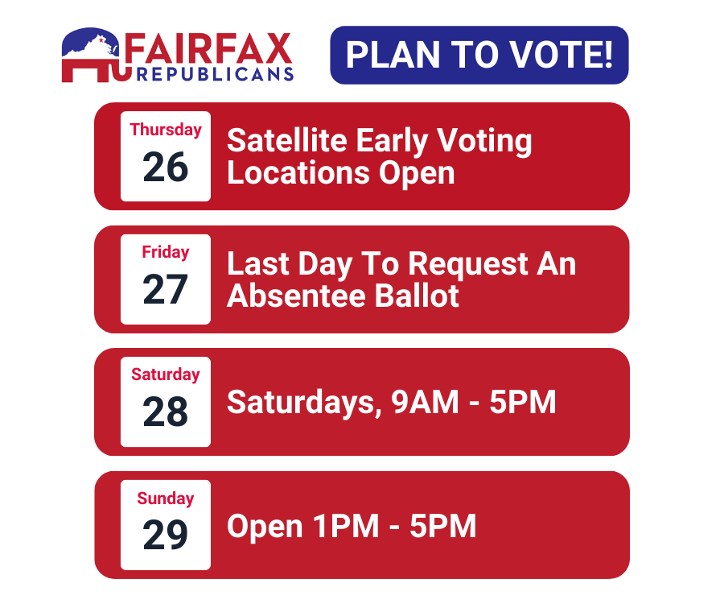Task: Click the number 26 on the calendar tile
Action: (x=166, y=168)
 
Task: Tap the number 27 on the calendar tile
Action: (x=166, y=290)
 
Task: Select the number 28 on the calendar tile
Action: (x=166, y=413)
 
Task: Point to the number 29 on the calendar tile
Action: (x=166, y=536)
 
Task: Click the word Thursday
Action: (x=166, y=130)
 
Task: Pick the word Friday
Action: (x=166, y=252)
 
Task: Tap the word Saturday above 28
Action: (x=166, y=374)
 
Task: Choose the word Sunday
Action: (x=166, y=499)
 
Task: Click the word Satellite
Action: (x=286, y=141)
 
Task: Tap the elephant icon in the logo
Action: (x=93, y=56)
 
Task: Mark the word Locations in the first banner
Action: (x=294, y=173)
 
